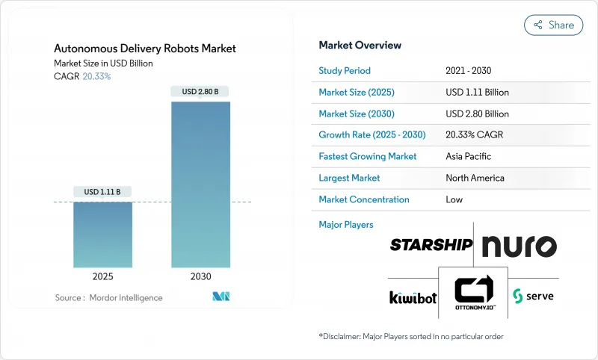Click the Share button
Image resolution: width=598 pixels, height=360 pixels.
[553, 25]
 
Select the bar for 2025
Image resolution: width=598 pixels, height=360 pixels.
[102, 235]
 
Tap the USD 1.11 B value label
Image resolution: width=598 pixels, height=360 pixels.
[102, 192]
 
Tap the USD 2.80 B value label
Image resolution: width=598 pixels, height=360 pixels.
[200, 92]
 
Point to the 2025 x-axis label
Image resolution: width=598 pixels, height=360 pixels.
[102, 276]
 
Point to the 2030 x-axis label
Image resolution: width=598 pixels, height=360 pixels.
[200, 276]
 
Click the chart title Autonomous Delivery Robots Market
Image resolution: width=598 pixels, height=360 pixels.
[145, 49]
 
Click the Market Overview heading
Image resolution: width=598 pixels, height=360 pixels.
[360, 46]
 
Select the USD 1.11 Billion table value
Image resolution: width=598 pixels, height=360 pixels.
[477, 92]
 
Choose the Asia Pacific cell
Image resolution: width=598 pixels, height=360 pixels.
[469, 157]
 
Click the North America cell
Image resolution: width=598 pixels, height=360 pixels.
[475, 178]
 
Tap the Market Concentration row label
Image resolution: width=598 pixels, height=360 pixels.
[364, 199]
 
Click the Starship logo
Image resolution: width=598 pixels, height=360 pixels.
[431, 245]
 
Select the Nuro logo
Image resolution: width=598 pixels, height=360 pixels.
[519, 246]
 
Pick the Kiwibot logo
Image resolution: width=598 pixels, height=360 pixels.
[412, 297]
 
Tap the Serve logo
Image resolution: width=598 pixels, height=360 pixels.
[533, 296]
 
